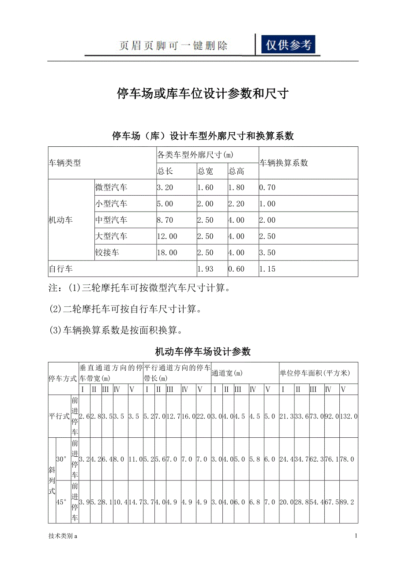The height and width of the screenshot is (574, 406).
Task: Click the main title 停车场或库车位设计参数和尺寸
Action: pyautogui.click(x=203, y=93)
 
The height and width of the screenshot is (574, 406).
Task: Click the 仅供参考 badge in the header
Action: pyautogui.click(x=288, y=45)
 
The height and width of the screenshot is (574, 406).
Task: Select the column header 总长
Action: pyautogui.click(x=165, y=171)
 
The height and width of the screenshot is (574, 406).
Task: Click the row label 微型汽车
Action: pyautogui.click(x=111, y=187)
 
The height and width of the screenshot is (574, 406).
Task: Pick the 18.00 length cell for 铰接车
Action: pyautogui.click(x=167, y=253)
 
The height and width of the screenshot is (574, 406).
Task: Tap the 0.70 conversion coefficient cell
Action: pyautogui.click(x=267, y=187)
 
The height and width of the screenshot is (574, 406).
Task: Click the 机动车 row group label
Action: pyautogui.click(x=60, y=220)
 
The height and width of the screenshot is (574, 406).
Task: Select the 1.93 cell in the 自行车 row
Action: pyautogui.click(x=205, y=269)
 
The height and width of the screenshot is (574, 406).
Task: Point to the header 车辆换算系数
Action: pyautogui.click(x=283, y=163)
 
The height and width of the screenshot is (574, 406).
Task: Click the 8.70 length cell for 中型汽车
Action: pyautogui.click(x=165, y=220)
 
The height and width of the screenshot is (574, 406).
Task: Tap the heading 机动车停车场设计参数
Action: pyautogui.click(x=203, y=351)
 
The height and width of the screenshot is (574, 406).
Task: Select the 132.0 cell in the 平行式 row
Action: pyautogui.click(x=349, y=416)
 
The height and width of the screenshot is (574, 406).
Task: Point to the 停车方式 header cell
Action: pyautogui.click(x=63, y=378)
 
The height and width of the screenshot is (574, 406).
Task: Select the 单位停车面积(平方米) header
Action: pyautogui.click(x=315, y=373)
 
